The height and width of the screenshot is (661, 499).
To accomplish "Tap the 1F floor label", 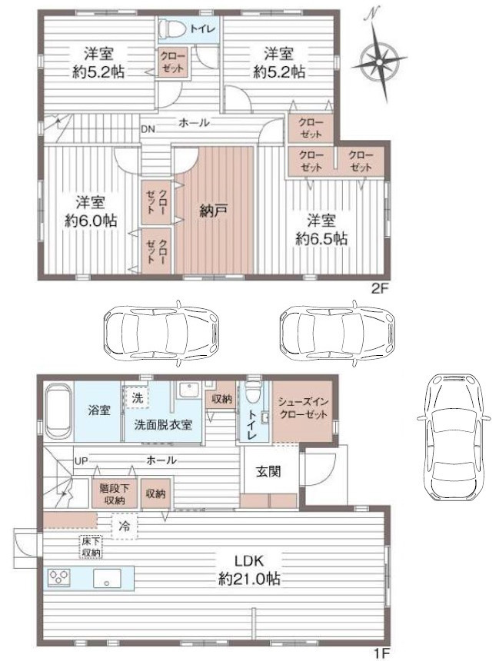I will [x=380, y=653].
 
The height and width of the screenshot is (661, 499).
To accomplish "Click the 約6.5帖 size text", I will [x=322, y=238].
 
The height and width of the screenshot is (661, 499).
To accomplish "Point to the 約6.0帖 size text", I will [x=91, y=220].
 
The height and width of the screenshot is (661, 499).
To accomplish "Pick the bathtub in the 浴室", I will [x=58, y=411].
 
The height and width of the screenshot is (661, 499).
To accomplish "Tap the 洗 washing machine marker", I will [x=138, y=398].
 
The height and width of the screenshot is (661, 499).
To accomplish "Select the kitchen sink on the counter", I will [x=105, y=580].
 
